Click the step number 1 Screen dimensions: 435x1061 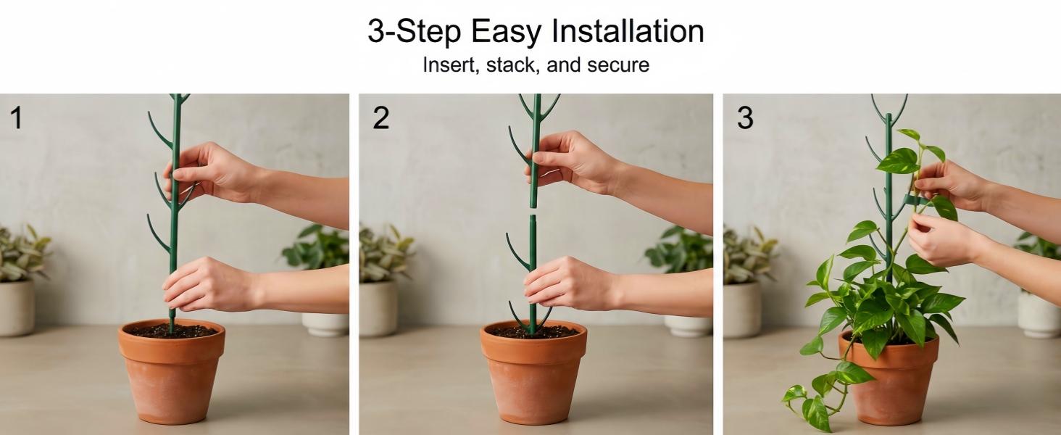[x=16, y=118]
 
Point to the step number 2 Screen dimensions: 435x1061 [x=381, y=118]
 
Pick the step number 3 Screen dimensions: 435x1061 [x=745, y=118]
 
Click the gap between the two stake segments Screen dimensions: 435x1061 [x=533, y=211]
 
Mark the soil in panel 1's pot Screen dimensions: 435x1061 [x=172, y=331]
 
